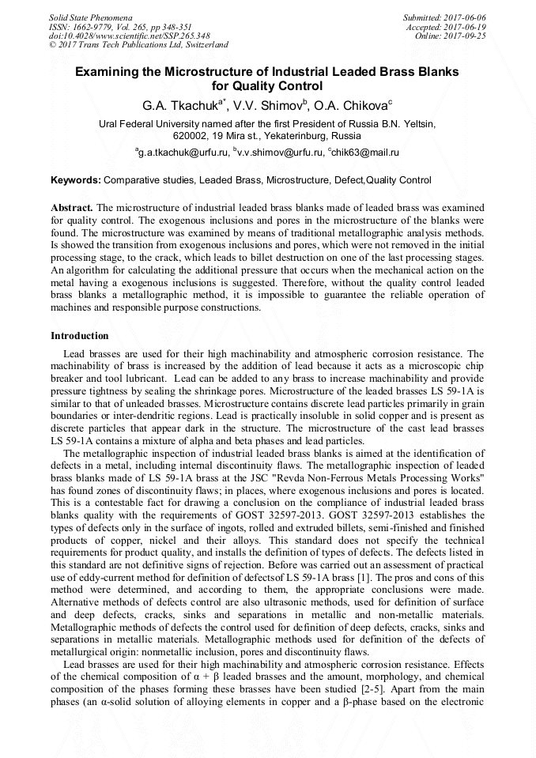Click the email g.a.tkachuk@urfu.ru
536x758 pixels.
pos(183,152)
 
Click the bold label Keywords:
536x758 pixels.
pos(76,181)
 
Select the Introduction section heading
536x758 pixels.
pos(80,336)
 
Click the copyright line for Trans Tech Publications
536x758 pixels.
pos(139,45)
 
